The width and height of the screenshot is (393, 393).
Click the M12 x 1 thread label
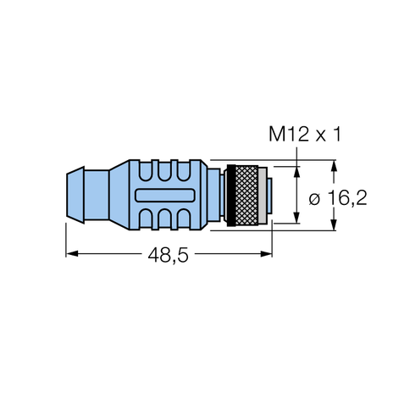[x=310, y=133]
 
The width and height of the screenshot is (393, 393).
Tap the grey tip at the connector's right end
[x=268, y=194]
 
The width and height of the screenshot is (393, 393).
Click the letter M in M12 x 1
[x=277, y=133]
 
